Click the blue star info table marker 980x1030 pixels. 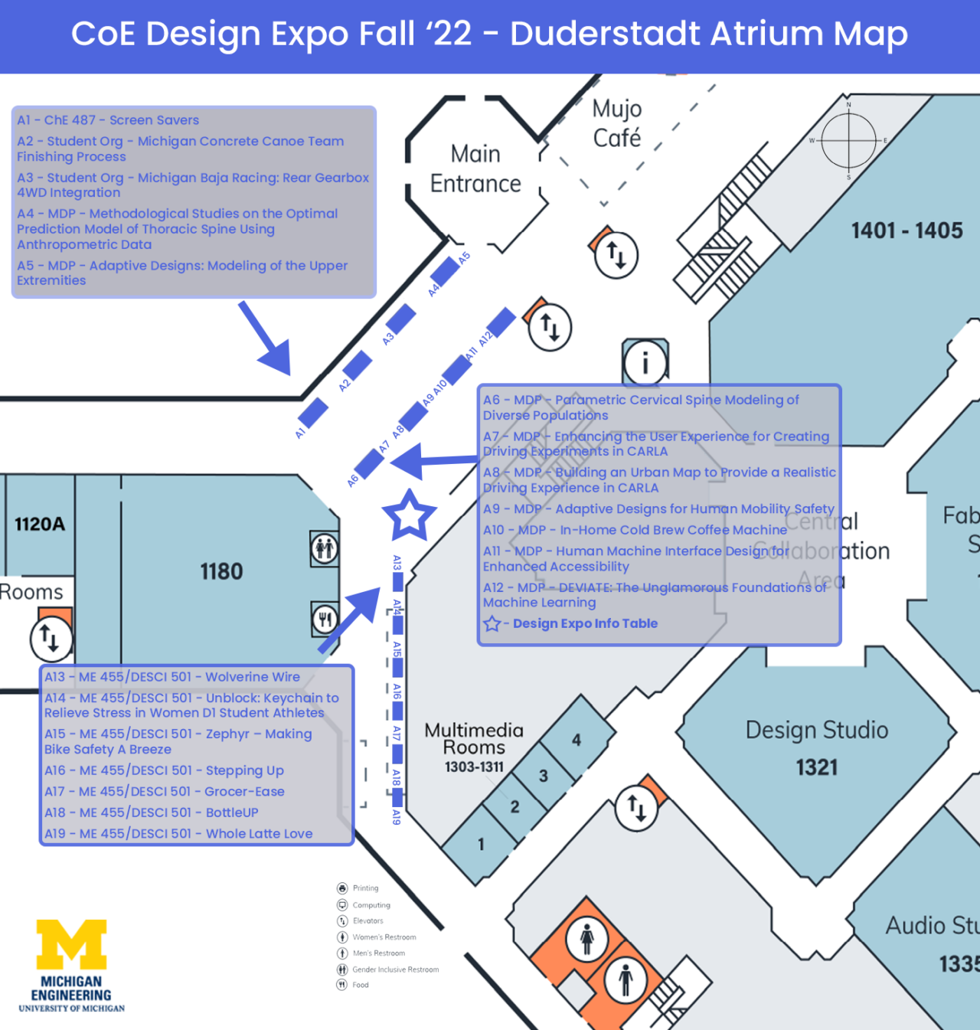pos(409,516)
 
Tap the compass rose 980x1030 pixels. pos(848,141)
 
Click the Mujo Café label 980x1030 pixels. pos(617,123)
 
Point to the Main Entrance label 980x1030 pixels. pos(475,169)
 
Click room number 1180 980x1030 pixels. pos(221,571)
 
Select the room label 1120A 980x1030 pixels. pos(40,525)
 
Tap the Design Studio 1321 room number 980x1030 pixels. pos(817,767)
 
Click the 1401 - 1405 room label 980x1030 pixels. pos(906,231)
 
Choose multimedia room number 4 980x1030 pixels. pos(577,740)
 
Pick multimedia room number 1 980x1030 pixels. pos(481,844)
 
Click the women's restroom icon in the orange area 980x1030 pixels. pos(587,939)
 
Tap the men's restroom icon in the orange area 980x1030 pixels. pos(626,979)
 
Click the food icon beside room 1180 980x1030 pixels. pos(325,619)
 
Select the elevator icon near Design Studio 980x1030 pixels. pos(637,807)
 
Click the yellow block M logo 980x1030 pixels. pos(72,945)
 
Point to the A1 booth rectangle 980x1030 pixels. pos(312,413)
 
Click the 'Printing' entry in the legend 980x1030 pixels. pos(365,888)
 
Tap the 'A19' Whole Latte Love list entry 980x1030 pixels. pos(178,833)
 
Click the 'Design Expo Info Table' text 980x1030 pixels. pos(585,623)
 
